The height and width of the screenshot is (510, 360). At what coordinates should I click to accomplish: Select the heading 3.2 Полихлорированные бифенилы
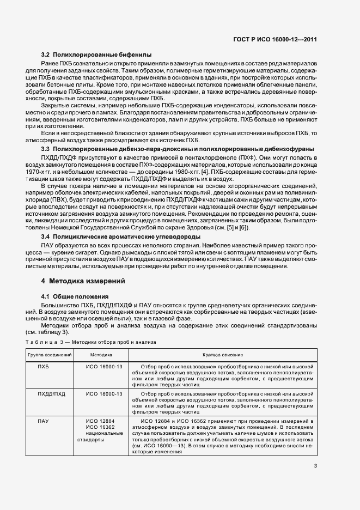click(x=96, y=55)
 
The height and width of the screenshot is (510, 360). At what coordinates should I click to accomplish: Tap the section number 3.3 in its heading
click(x=46, y=149)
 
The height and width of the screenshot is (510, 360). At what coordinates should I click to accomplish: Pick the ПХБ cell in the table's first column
click(x=43, y=367)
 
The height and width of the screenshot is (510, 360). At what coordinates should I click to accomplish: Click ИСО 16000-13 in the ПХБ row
click(x=104, y=367)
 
